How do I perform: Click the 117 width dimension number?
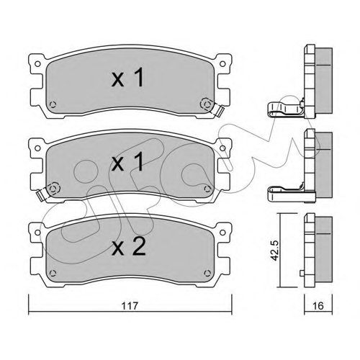(x=130, y=306)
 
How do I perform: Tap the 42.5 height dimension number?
(x=275, y=250)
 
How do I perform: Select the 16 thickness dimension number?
(x=318, y=306)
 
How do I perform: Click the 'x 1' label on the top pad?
(x=127, y=77)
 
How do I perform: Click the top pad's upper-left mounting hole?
(x=37, y=64)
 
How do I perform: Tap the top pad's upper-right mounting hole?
(x=222, y=64)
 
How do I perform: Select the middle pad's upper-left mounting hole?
(x=37, y=148)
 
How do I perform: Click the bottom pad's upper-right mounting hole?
(x=222, y=232)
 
